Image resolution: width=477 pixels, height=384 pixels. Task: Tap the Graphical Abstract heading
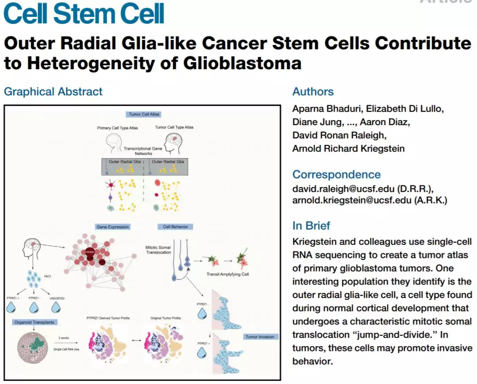[53, 92]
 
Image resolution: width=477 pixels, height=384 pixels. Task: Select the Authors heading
[313, 92]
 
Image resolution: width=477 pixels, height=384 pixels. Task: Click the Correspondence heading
[336, 174]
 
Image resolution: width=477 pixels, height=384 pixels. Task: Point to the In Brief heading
[311, 226]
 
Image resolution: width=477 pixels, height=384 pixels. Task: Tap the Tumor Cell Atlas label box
[144, 114]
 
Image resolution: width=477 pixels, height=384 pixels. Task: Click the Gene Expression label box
[113, 227]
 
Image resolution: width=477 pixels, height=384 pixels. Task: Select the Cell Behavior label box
[175, 227]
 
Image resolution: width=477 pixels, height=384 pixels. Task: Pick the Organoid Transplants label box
[34, 322]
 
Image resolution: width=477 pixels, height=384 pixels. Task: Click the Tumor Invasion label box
[260, 337]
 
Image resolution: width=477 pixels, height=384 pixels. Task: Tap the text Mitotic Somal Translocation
[158, 250]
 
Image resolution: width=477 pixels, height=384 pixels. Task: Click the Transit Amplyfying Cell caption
[227, 274]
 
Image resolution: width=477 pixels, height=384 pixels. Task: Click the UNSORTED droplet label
[57, 298]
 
